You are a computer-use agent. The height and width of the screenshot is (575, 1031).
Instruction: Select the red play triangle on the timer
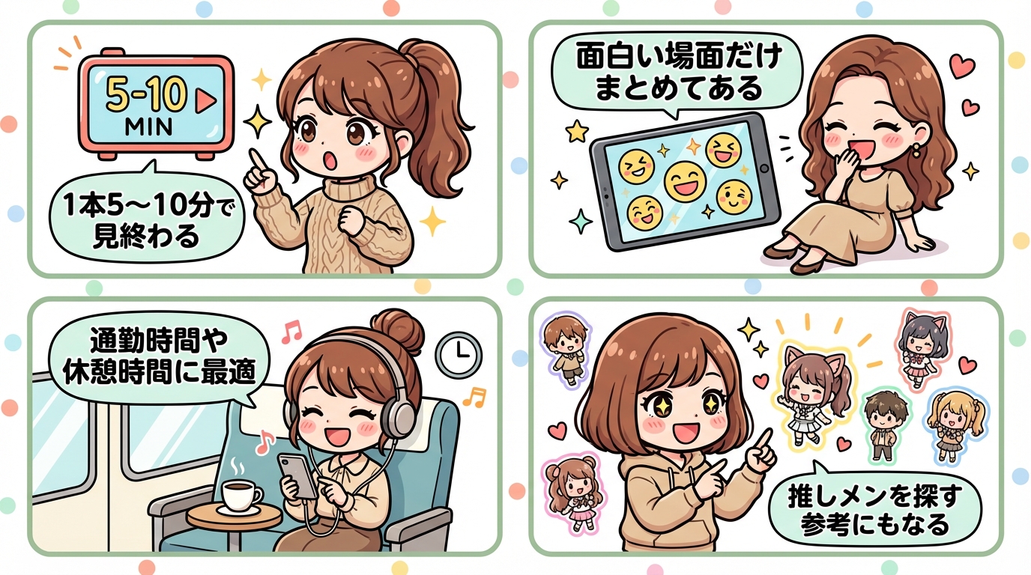tap(201, 102)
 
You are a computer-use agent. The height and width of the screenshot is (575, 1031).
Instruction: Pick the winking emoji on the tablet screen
tap(734, 196)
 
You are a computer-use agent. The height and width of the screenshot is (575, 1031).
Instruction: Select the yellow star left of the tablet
tap(576, 132)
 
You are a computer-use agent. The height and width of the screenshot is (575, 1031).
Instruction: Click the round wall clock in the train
tap(458, 353)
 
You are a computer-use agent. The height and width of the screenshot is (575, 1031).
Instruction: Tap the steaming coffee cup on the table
tap(241, 495)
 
